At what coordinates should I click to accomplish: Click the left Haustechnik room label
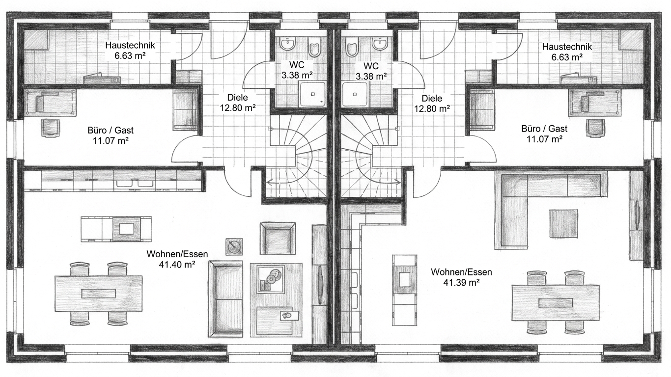(x=130, y=46)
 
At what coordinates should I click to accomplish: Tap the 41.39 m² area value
(x=461, y=282)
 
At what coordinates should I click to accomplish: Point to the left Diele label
(x=238, y=97)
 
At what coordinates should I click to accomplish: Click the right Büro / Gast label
(x=544, y=129)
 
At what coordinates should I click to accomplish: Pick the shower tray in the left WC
(x=312, y=94)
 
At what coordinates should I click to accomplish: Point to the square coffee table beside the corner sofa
(x=563, y=224)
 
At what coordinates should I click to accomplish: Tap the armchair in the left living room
(x=278, y=239)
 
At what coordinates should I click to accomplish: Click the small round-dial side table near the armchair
(x=234, y=247)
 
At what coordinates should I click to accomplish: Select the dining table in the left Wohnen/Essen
(x=99, y=294)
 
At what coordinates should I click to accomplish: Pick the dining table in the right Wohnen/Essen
(x=556, y=303)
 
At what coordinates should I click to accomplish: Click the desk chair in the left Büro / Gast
(x=50, y=128)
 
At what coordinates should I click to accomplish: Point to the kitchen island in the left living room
(x=116, y=229)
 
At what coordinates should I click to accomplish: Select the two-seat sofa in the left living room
(x=225, y=299)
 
